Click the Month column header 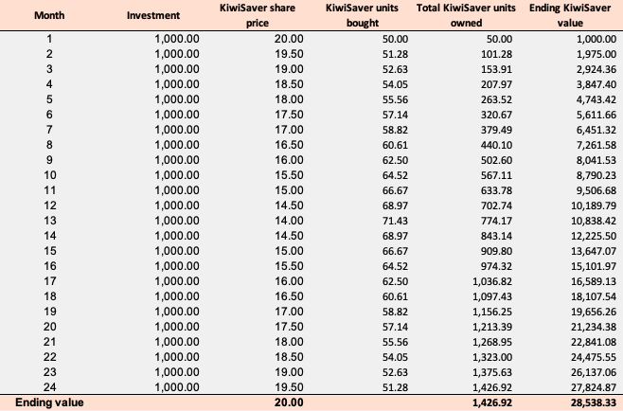click(47, 15)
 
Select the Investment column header click(153, 15)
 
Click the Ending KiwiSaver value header click(569, 15)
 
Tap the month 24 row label click(48, 386)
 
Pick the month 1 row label click(48, 38)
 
